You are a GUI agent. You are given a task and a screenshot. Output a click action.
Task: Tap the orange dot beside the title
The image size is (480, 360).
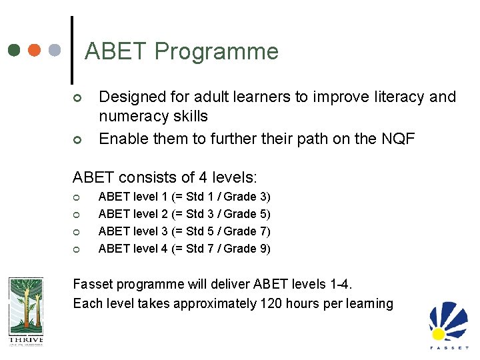click(x=35, y=50)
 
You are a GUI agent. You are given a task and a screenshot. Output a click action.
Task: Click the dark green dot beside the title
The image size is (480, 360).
click(x=15, y=50)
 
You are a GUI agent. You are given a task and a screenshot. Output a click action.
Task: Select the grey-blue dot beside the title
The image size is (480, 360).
click(x=55, y=50)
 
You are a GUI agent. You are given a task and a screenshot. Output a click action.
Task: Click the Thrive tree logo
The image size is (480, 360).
click(x=25, y=311)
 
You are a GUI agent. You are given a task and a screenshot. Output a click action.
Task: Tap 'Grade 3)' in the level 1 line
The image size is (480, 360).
click(x=247, y=197)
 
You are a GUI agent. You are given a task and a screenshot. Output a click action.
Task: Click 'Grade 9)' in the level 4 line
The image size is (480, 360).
click(x=247, y=249)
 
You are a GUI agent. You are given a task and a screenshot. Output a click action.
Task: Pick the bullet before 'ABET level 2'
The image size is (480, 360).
click(x=77, y=214)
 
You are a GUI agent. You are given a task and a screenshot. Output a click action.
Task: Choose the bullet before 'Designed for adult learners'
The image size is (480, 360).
click(x=77, y=99)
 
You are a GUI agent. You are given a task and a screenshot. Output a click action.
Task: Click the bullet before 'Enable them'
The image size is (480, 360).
click(x=77, y=140)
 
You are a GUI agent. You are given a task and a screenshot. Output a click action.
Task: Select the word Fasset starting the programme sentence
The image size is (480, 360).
click(x=95, y=285)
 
